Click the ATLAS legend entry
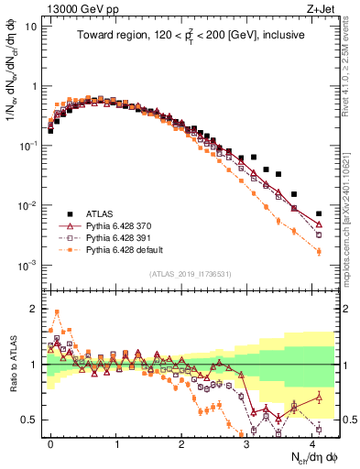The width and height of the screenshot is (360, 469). click(103, 209)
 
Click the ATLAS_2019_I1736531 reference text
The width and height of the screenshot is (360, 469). click(191, 274)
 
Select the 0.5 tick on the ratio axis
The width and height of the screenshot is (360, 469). click(29, 420)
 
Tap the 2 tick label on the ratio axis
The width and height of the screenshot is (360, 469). click(33, 309)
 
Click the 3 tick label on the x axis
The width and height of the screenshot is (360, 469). click(247, 442)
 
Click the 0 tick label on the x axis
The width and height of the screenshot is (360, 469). click(50, 442)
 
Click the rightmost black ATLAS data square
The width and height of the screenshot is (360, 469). click(319, 213)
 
